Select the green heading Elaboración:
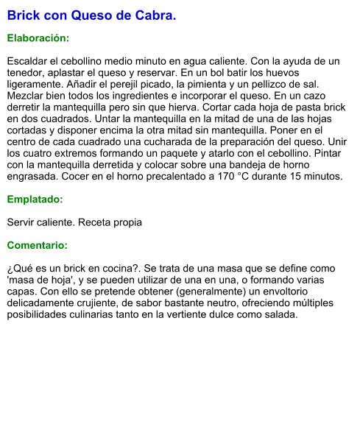coord(38,38)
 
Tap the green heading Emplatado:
coord(35,199)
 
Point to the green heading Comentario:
coord(38,245)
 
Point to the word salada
coord(280,315)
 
